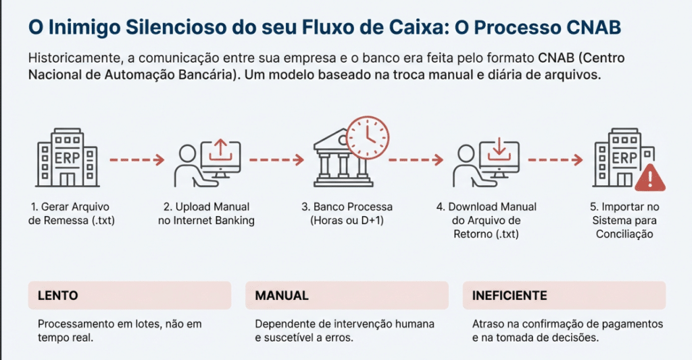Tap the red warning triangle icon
[x=650, y=178]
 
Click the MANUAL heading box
[x=347, y=296]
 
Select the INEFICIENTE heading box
[x=564, y=296]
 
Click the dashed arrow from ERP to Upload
[x=137, y=160]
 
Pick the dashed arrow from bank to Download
[x=415, y=160]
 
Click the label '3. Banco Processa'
[x=347, y=207]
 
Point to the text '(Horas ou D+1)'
[x=347, y=220]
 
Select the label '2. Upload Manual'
[x=206, y=207]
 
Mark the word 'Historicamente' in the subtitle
[x=74, y=57]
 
